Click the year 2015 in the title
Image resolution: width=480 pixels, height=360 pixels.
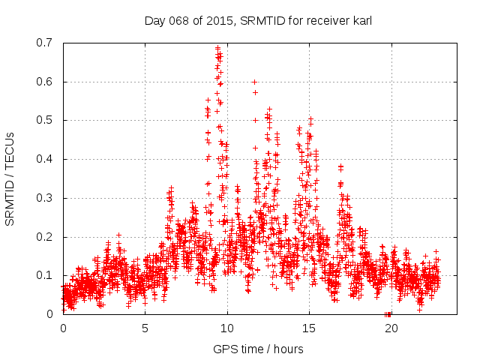coord(220,21)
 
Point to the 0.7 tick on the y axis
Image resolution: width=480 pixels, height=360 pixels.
coord(44,43)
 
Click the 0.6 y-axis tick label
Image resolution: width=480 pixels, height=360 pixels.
coord(44,82)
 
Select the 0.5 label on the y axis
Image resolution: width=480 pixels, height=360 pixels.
coord(44,120)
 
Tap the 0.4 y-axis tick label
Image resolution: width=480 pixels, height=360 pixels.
coord(44,159)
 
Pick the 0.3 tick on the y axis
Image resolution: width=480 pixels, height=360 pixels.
coord(44,198)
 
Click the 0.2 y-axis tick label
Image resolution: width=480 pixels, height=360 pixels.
coord(44,237)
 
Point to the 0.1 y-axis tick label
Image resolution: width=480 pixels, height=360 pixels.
coord(44,275)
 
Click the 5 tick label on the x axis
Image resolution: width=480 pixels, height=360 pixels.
coord(145,328)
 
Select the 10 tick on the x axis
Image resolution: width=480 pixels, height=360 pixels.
coord(226,328)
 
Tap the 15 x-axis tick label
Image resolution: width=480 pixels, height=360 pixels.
coord(308,328)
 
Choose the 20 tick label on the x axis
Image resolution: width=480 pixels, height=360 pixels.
coord(390,328)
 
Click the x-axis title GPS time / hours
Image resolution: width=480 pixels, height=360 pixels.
coord(258,349)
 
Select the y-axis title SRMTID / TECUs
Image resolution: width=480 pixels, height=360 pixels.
coord(10,178)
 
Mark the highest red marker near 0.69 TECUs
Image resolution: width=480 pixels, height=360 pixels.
coord(217,47)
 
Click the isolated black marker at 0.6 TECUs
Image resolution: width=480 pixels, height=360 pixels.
coord(254,82)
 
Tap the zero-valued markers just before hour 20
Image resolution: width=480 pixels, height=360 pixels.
coord(388,313)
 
